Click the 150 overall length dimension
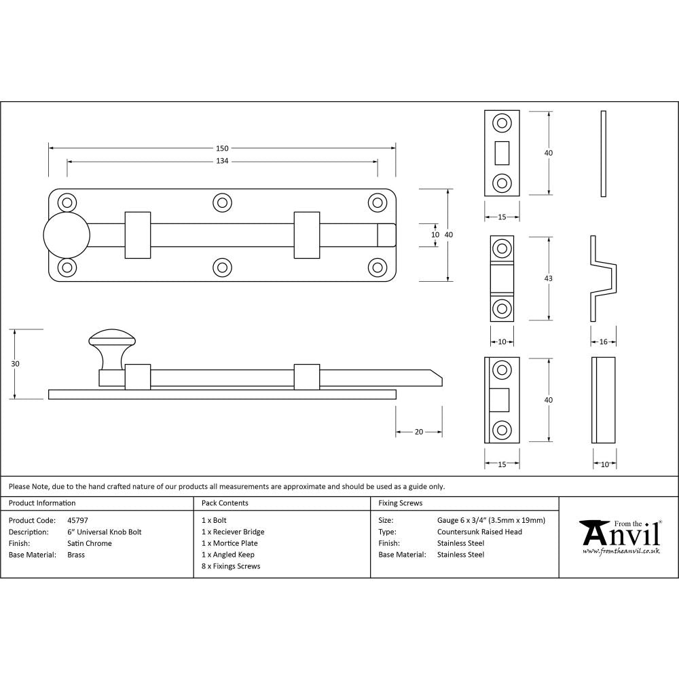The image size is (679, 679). tap(222, 148)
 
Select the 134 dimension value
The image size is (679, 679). tap(222, 161)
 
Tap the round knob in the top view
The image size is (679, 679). tap(67, 234)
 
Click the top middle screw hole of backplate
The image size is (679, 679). tap(221, 202)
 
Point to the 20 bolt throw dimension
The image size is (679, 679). tap(419, 432)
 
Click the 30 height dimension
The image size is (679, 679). tap(15, 364)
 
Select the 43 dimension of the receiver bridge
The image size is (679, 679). tap(549, 278)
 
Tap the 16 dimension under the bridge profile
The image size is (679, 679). tap(604, 342)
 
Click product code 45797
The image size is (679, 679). tap(77, 520)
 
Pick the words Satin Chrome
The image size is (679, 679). tap(90, 543)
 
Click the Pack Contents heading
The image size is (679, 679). tap(225, 503)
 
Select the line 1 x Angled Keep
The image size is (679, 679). tap(228, 555)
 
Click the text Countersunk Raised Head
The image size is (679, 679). tap(479, 532)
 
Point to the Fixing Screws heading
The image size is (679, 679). tap(400, 503)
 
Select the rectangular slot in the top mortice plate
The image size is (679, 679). tap(502, 153)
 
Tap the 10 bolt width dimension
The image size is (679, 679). tap(435, 234)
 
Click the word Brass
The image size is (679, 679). tap(76, 555)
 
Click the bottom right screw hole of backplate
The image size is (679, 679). tap(377, 267)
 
